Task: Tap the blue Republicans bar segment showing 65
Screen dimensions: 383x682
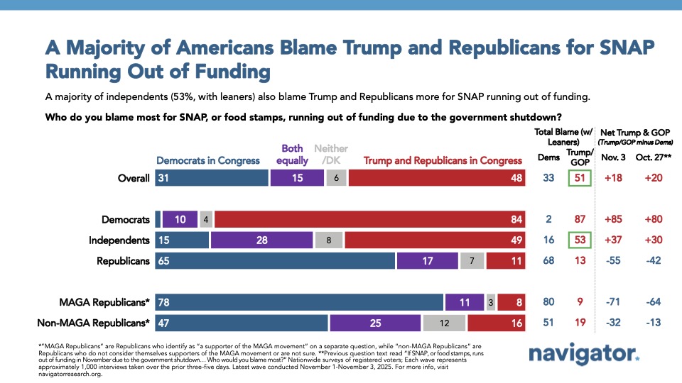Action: pos(276,260)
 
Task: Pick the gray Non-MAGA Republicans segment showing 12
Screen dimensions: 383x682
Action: pos(445,323)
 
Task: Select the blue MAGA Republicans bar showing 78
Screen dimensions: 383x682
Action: pos(300,302)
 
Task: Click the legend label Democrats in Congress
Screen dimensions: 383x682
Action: pos(208,160)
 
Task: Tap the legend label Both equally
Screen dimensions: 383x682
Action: pos(292,155)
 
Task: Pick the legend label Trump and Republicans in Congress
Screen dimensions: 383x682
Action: pos(444,160)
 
